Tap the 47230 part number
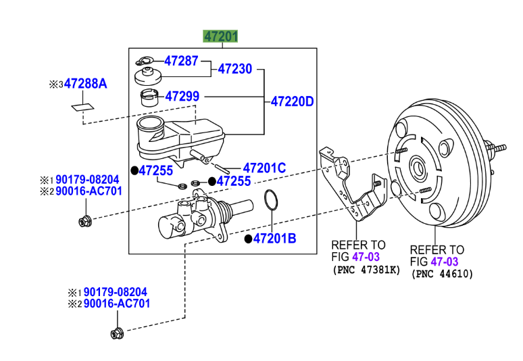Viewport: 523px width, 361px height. click(x=234, y=69)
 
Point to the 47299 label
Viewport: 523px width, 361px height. click(x=182, y=97)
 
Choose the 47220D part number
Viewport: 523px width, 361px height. click(x=293, y=102)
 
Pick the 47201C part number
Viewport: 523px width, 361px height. click(x=264, y=168)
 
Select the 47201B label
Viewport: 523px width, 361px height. click(x=274, y=238)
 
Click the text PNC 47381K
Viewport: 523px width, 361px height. click(x=366, y=270)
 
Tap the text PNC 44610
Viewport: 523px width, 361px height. click(x=442, y=274)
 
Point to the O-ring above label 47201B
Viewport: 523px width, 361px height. click(x=270, y=201)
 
